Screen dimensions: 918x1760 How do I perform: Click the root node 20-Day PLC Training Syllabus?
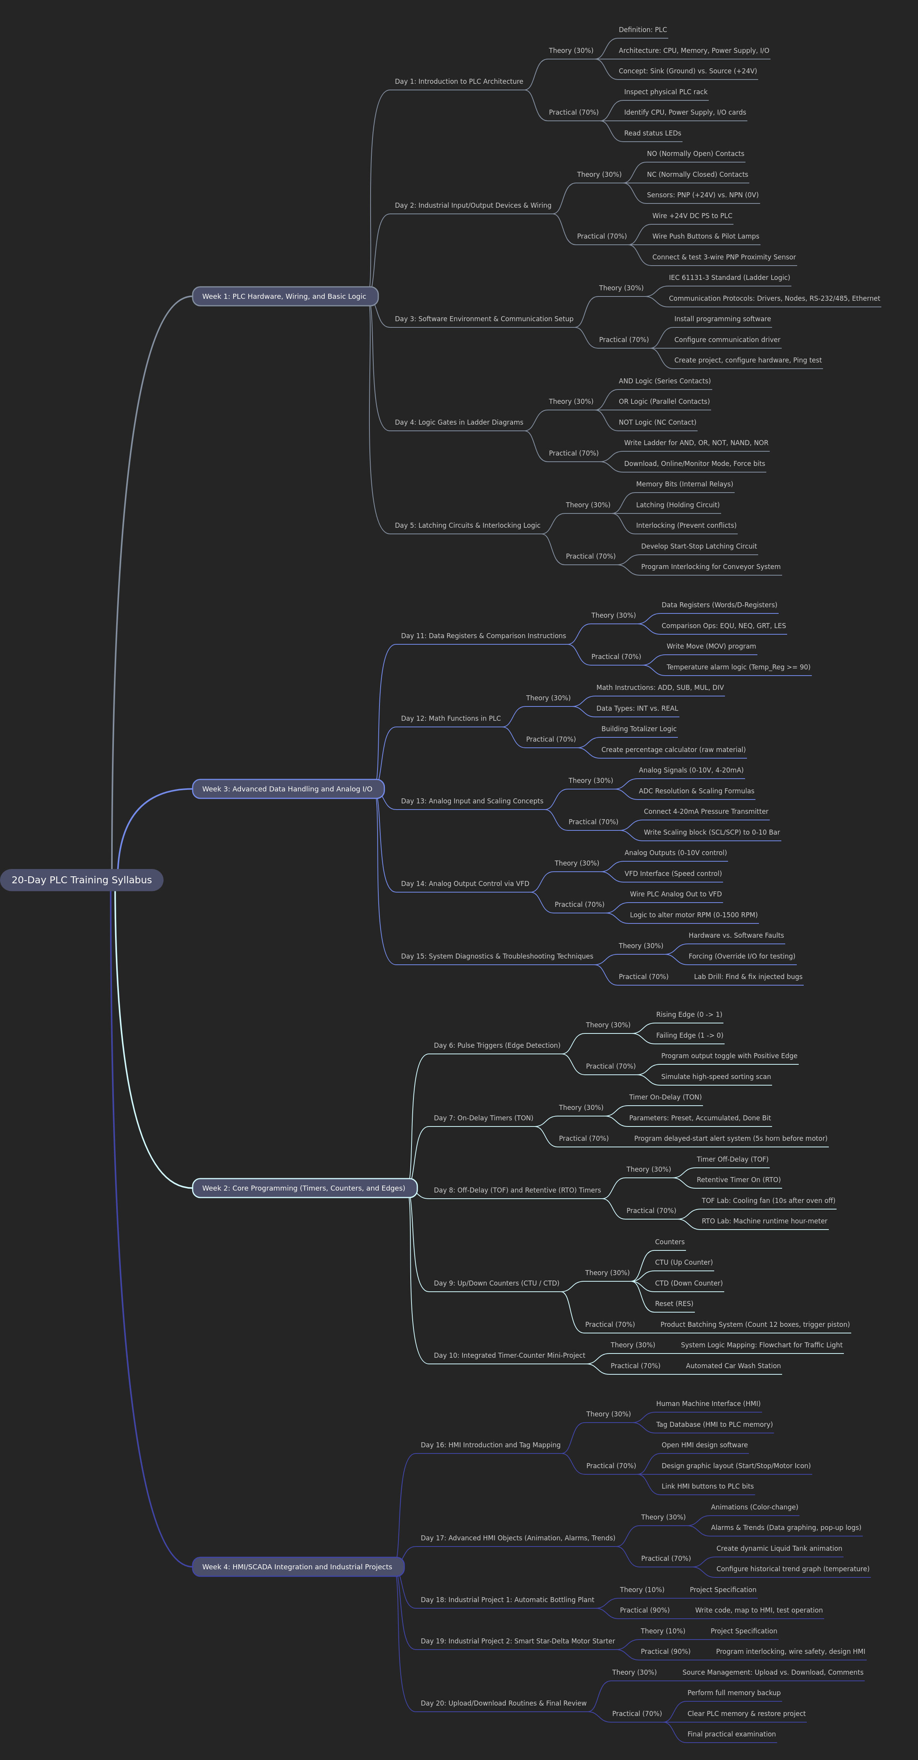(81, 880)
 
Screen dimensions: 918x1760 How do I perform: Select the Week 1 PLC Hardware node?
(285, 296)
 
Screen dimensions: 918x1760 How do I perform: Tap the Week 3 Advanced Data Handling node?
(288, 789)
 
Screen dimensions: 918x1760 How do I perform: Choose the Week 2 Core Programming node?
(304, 1188)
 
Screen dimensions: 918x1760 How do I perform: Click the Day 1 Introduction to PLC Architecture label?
(459, 81)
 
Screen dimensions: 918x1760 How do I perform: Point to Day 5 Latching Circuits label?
(467, 525)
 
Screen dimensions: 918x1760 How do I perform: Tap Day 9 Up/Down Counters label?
(496, 1283)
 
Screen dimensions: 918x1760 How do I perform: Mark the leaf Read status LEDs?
(652, 133)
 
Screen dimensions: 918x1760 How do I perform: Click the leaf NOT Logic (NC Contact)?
(657, 422)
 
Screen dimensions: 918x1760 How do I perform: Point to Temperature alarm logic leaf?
(738, 667)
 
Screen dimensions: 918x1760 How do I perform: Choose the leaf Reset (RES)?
(674, 1304)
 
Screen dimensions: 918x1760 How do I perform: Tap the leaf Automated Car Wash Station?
(733, 1366)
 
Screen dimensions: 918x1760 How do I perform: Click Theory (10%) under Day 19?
(662, 1631)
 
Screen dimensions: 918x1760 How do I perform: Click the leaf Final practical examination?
(732, 1734)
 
